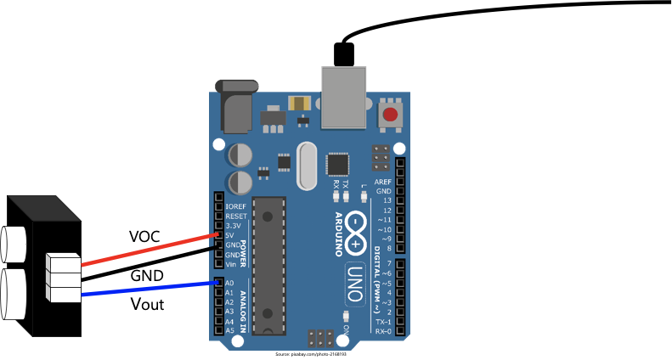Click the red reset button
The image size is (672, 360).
(390, 115)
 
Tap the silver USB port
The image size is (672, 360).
(343, 97)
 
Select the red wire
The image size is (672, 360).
(149, 250)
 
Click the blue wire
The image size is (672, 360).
(149, 290)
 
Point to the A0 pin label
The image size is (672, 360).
(229, 283)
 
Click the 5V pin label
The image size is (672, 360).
(229, 235)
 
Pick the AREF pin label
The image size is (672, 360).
(383, 182)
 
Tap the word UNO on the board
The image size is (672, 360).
(355, 284)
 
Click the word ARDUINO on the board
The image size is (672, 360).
(338, 234)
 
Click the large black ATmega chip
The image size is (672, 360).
(268, 266)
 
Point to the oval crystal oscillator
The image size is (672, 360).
(307, 166)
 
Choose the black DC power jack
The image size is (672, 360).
(236, 107)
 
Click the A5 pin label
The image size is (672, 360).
(229, 331)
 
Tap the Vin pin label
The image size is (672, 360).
(230, 264)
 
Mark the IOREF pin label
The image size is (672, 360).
(235, 206)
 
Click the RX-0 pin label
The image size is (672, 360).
(383, 331)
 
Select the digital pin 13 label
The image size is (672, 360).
(387, 200)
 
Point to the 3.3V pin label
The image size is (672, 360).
(231, 226)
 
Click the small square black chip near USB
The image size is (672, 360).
(337, 164)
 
